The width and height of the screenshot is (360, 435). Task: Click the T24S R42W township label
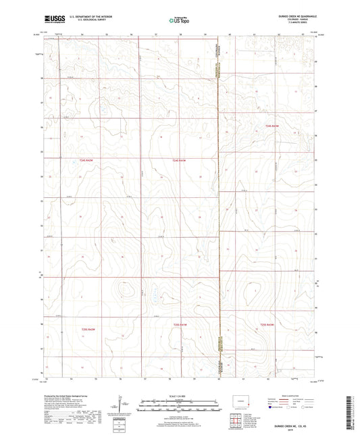tap(178, 160)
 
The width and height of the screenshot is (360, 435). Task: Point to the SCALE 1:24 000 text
tap(179, 396)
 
